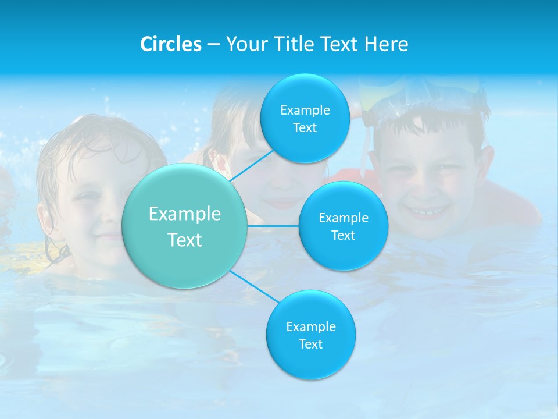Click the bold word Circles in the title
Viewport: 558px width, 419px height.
[170, 44]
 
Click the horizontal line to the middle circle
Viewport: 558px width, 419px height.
[273, 225]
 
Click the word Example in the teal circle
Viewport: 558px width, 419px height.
[185, 214]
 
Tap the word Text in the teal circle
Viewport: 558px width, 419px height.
[185, 240]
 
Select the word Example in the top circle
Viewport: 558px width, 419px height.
[305, 111]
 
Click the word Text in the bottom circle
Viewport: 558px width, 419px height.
[310, 344]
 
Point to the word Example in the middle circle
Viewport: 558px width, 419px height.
[343, 218]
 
